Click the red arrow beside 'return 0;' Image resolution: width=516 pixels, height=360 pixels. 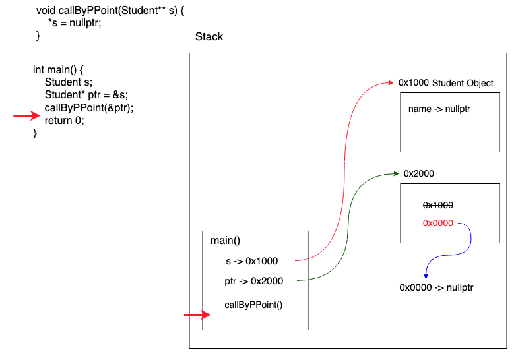[26, 117]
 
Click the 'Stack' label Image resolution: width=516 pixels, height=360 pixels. [209, 37]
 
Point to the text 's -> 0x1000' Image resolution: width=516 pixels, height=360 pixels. [252, 261]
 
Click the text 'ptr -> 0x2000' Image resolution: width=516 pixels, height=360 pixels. [254, 281]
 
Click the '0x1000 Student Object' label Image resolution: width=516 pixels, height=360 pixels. [445, 83]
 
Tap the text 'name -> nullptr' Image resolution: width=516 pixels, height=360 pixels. [439, 108]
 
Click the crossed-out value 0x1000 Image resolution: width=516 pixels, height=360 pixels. [437, 206]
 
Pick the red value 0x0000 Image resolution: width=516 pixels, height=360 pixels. [437, 223]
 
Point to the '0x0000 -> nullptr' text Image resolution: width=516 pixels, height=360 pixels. [436, 287]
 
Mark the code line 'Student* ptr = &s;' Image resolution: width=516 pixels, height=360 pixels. [86, 95]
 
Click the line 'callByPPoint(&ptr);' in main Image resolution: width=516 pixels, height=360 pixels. [89, 108]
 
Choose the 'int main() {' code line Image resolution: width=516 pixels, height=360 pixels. [59, 69]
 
